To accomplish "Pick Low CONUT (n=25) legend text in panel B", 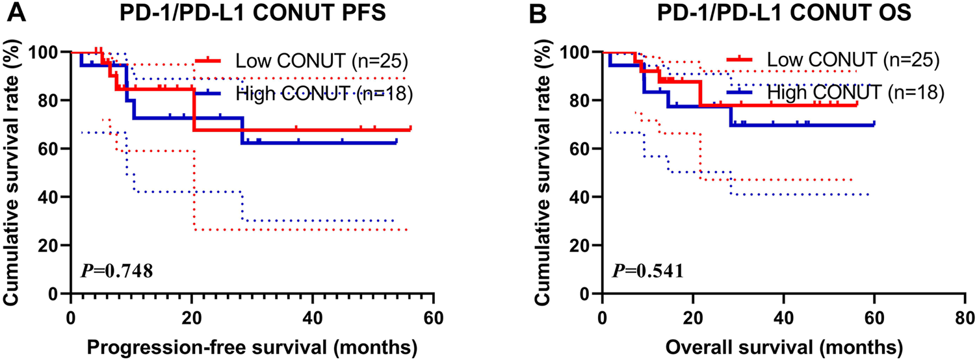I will (853, 60).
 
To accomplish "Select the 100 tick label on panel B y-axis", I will (580, 52).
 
